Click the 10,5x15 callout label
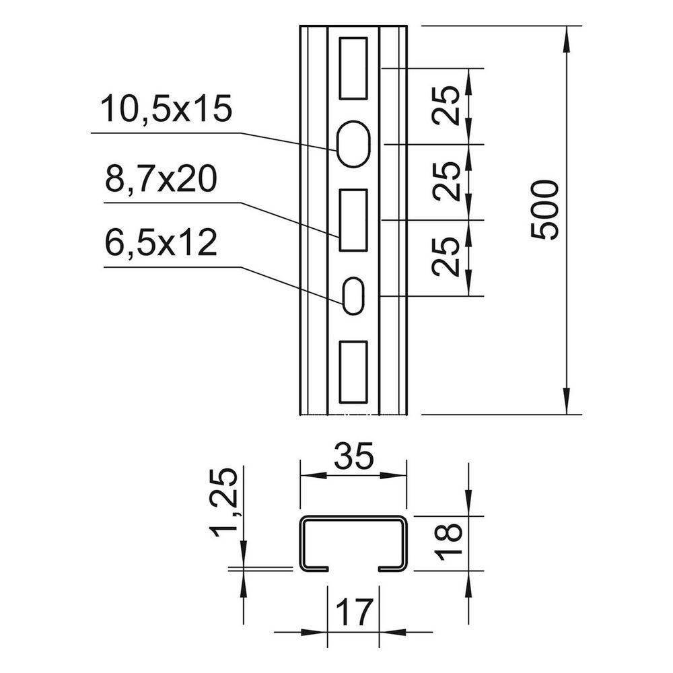tap(166, 109)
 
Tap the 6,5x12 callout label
tap(161, 242)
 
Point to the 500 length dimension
tap(545, 210)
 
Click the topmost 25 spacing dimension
tap(446, 106)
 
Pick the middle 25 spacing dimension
tap(446, 181)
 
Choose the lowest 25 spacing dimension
tap(446, 256)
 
